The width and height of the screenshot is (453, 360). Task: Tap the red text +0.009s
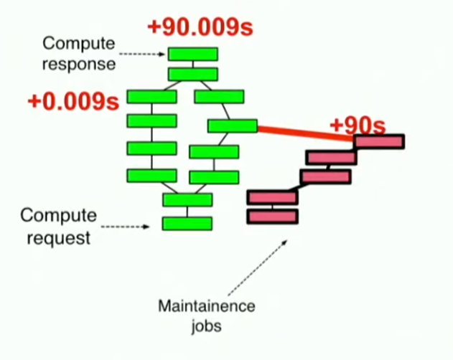pos(73,101)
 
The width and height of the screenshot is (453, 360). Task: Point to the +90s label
pos(357,125)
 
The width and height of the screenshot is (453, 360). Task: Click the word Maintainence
pos(206,306)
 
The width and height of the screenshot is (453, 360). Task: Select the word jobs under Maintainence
pos(206,326)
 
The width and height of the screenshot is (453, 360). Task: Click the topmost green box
pos(192,54)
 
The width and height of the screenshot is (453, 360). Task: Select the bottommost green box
pos(187,223)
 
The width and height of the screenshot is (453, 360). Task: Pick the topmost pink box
pos(379,142)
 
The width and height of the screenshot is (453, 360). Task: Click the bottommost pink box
pos(272,216)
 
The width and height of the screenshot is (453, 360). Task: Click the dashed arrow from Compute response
pos(142,54)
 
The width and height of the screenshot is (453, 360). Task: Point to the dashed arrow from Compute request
pos(126,227)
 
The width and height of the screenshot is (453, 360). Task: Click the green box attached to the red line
pos(233,126)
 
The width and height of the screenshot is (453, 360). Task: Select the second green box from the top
pos(192,74)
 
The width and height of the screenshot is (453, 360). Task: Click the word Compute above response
pos(78,44)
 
